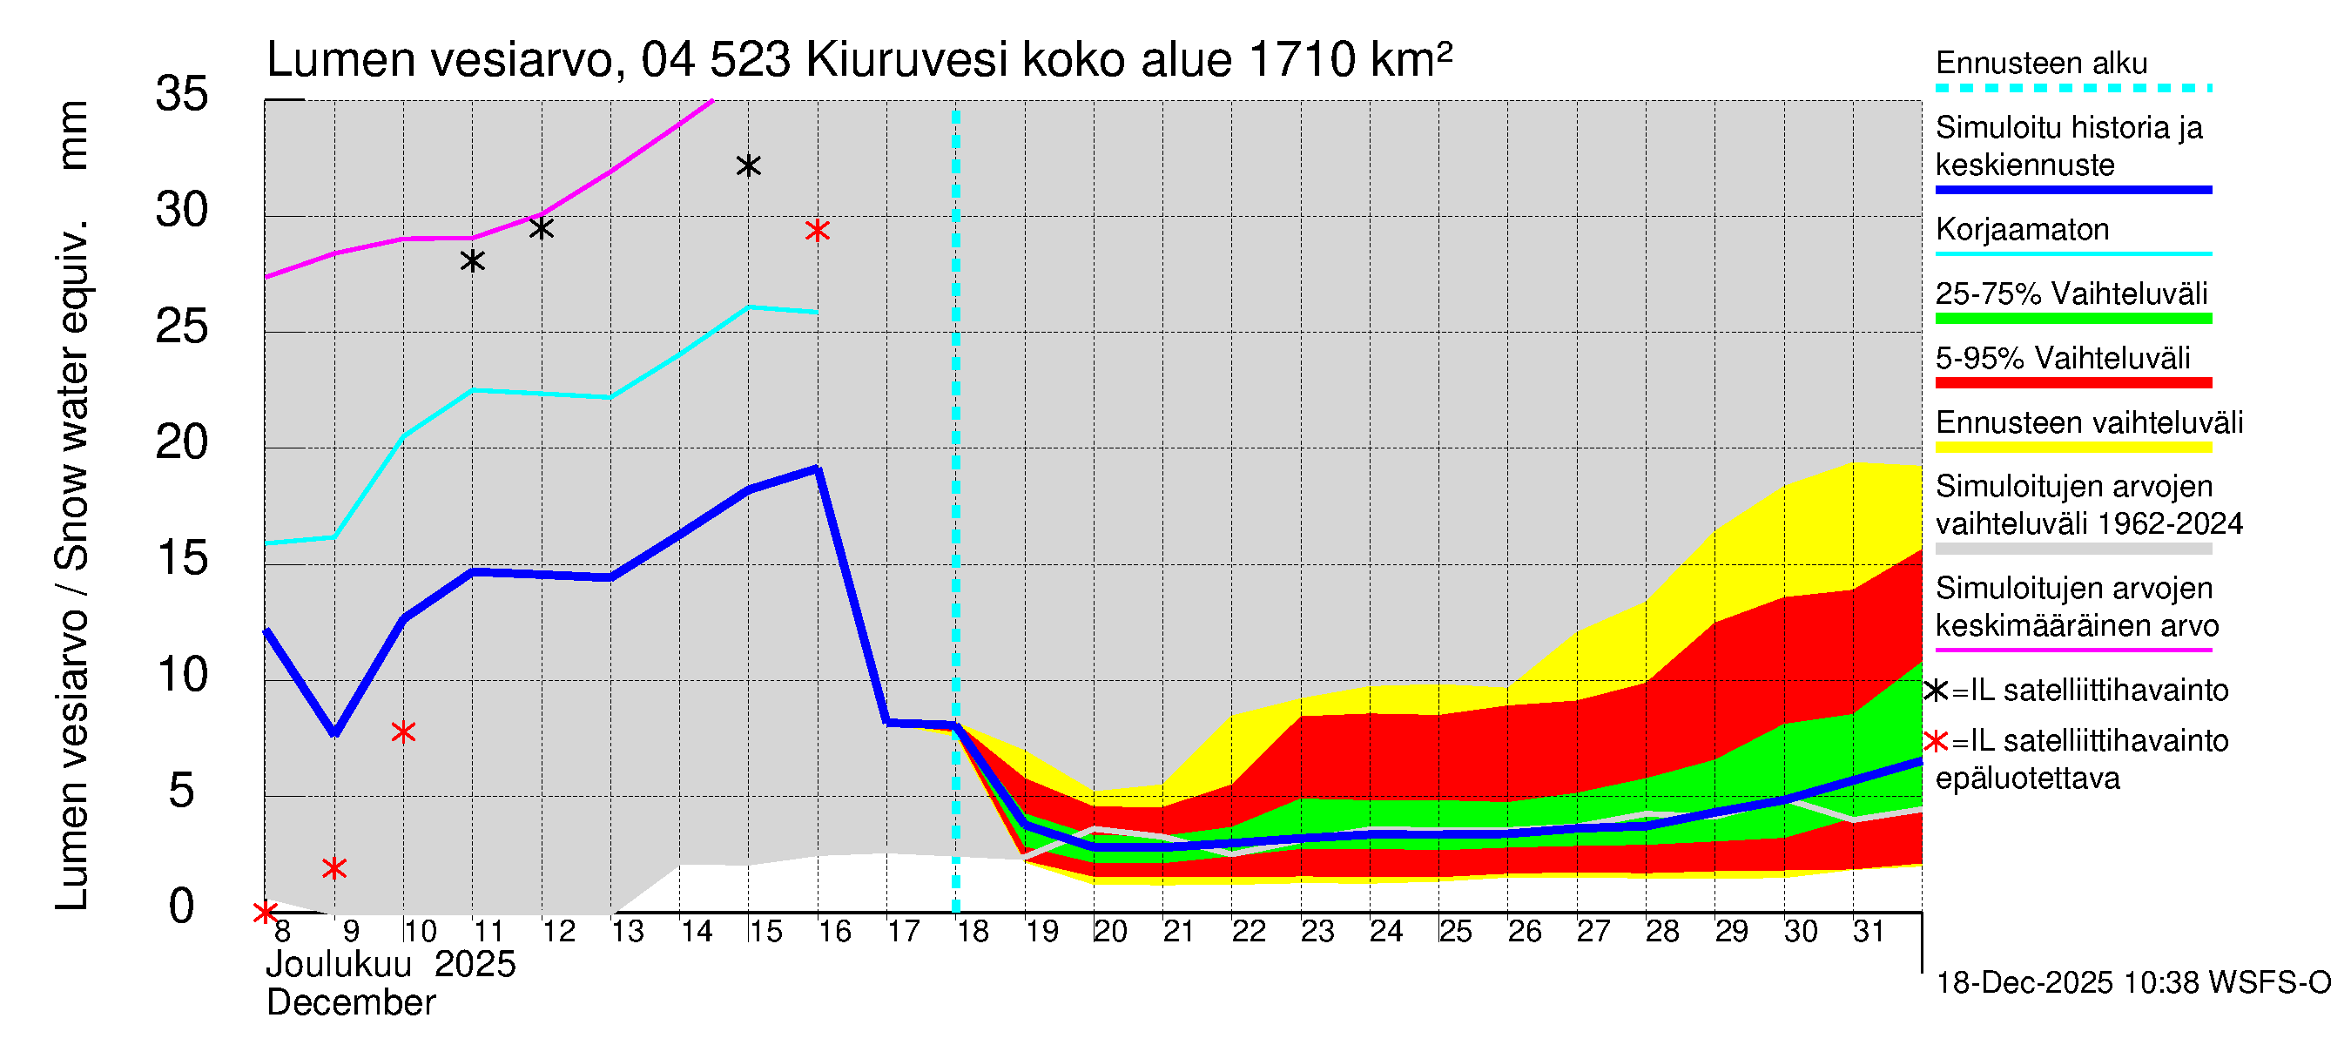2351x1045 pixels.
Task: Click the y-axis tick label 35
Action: (x=182, y=94)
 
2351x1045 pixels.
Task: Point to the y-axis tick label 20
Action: (x=182, y=442)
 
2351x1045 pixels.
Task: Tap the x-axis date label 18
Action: (x=972, y=932)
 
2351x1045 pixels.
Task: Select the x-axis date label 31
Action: (x=1869, y=932)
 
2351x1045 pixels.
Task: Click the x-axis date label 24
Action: (x=1385, y=932)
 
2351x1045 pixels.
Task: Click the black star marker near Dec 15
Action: (x=748, y=166)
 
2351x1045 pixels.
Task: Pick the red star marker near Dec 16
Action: (x=818, y=231)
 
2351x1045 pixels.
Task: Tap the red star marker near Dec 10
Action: (x=403, y=732)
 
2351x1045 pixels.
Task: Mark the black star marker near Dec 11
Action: (x=472, y=262)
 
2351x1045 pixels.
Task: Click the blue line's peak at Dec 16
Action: (x=818, y=469)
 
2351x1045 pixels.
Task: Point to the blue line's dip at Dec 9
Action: (x=335, y=732)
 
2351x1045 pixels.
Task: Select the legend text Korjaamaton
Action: (x=2022, y=229)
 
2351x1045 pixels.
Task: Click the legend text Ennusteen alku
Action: (x=2041, y=63)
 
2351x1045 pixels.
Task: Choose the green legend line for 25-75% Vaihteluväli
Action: (x=2072, y=319)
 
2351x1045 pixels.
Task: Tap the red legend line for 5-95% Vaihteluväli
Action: (x=2072, y=383)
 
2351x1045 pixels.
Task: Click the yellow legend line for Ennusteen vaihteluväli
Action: (x=2072, y=448)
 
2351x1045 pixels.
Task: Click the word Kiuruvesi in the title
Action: (x=906, y=60)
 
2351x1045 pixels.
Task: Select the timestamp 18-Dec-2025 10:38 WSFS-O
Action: (x=2132, y=983)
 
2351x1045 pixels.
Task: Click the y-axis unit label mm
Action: (x=73, y=135)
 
